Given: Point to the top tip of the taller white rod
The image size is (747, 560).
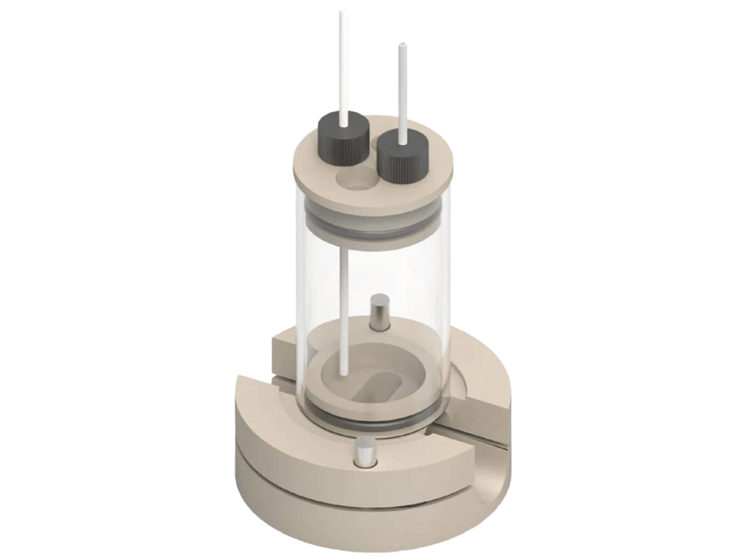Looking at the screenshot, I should point(342,14).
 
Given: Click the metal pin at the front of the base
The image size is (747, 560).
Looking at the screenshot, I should point(364,453).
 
